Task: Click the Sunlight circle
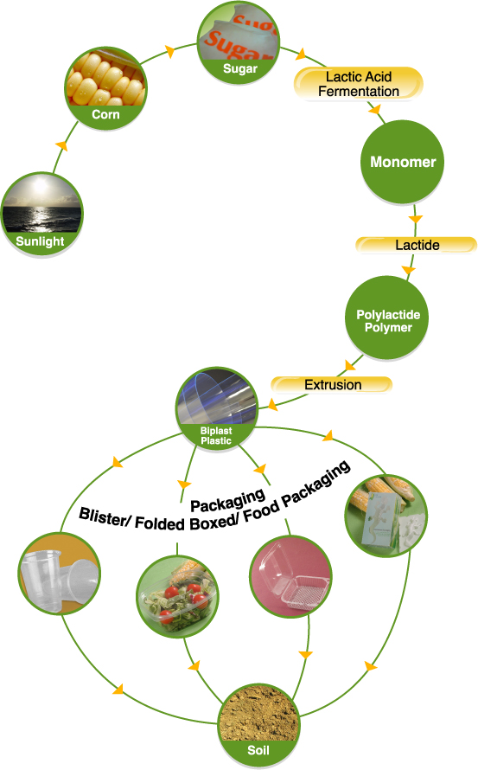(x=41, y=214)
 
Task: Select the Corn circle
(x=105, y=88)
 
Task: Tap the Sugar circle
(x=239, y=42)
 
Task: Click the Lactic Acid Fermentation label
(x=358, y=84)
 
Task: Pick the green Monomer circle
(x=403, y=162)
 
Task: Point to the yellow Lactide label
(x=417, y=245)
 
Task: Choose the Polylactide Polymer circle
(x=387, y=318)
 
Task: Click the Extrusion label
(x=332, y=384)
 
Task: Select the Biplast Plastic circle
(x=216, y=408)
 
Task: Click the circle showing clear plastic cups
(x=60, y=574)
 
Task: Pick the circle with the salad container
(x=178, y=596)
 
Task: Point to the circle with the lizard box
(x=386, y=515)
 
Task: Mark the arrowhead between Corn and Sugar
(x=169, y=50)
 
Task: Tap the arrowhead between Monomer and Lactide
(x=416, y=219)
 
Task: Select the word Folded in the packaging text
(x=160, y=523)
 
